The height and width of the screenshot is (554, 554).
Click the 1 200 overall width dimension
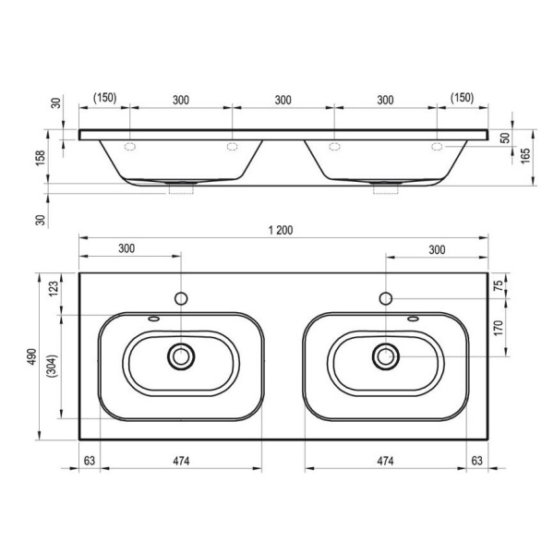281,230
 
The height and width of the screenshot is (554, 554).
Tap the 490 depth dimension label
31,356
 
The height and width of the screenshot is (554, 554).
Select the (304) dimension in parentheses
54,366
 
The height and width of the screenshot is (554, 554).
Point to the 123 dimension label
53,289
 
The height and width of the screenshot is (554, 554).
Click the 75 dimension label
498,284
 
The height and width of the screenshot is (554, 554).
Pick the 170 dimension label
498,328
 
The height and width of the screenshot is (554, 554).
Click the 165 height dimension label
525,155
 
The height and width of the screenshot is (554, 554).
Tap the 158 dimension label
41,158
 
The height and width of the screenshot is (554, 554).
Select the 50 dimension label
506,138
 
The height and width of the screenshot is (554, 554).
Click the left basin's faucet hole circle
181,298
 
